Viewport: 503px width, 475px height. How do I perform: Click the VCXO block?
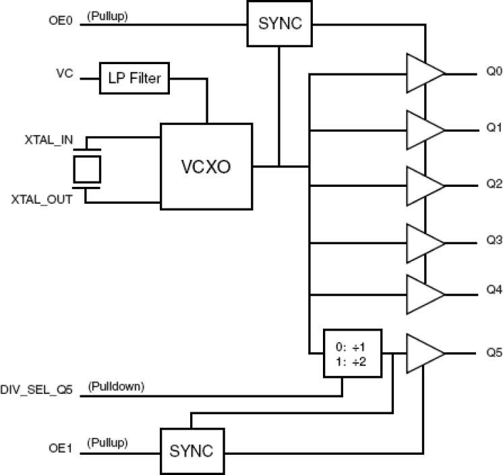point(206,166)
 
